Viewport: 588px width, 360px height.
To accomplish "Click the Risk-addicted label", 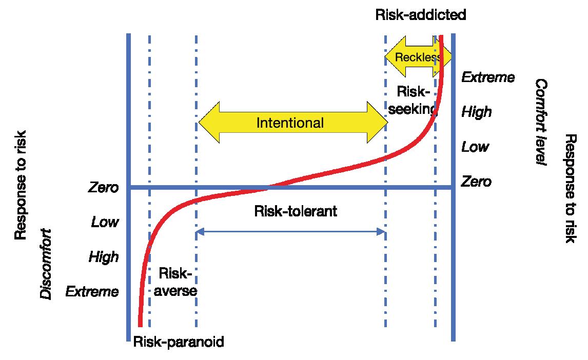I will (421, 14).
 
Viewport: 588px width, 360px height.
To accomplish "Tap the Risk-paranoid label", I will (179, 342).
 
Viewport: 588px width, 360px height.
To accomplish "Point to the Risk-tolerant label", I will (296, 211).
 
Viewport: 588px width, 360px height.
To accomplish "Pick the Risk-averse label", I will (175, 282).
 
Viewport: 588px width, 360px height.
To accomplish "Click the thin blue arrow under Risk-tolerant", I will (291, 232).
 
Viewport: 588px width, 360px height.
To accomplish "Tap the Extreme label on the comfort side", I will (488, 77).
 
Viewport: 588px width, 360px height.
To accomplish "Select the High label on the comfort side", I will (476, 112).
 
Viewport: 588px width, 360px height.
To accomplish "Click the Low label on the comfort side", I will (475, 147).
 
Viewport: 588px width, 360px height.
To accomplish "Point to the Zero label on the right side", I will (476, 182).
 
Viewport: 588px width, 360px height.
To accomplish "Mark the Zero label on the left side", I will (104, 187).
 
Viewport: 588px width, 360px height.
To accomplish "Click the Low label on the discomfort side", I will (105, 222).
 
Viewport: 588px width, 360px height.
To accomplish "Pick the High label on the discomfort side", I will (104, 256).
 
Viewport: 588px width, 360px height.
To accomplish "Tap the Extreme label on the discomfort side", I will (92, 292).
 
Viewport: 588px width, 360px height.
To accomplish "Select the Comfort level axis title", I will (541, 122).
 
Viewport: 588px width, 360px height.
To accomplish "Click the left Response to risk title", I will (21, 185).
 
